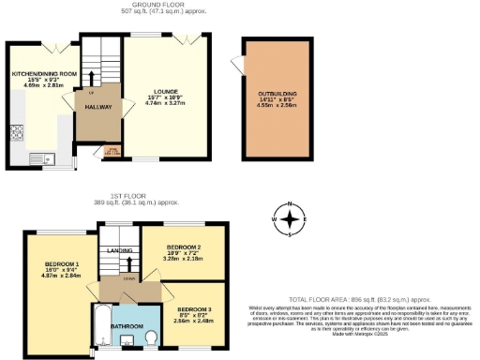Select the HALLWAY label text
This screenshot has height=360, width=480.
[99, 108]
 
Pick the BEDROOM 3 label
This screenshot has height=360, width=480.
[194, 308]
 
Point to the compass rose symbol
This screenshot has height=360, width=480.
[292, 220]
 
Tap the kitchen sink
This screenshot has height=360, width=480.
[39, 158]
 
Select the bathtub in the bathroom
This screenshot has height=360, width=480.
[102, 327]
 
